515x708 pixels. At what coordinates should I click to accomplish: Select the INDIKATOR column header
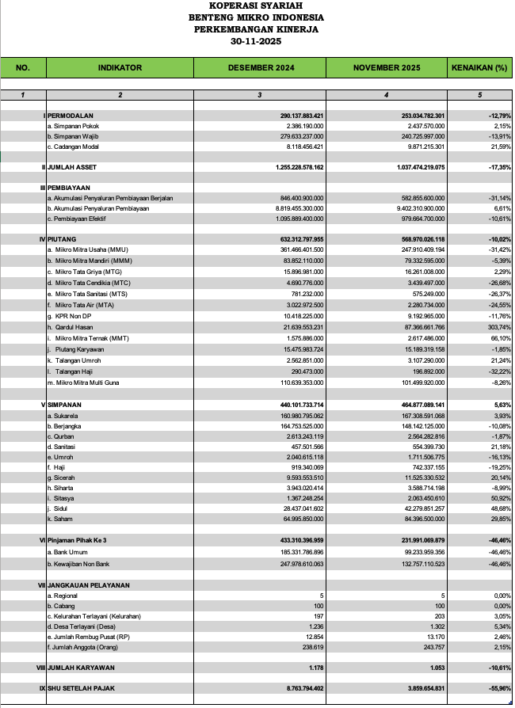tap(120, 68)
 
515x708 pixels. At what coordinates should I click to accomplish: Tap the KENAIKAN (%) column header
tap(479, 68)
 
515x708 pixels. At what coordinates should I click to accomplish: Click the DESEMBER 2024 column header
tap(261, 68)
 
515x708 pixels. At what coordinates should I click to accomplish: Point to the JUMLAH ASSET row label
tap(74, 168)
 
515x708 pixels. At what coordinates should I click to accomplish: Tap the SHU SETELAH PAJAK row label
tap(84, 688)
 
